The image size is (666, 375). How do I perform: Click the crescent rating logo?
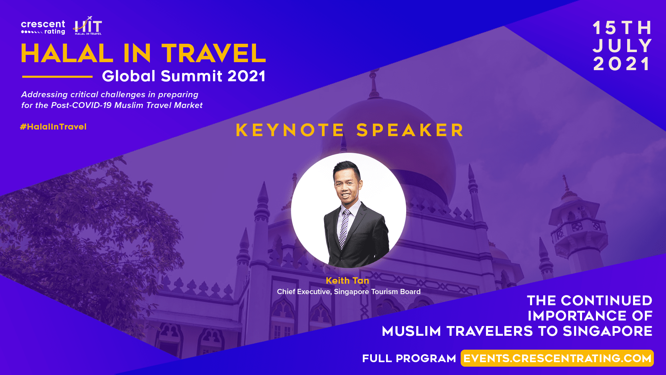43,27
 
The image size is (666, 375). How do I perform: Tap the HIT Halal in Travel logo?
88,26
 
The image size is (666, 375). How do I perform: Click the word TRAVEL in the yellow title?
214,53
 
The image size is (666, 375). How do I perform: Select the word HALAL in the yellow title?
67,53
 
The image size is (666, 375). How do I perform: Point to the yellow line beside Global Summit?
57,76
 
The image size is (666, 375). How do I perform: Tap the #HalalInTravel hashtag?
53,127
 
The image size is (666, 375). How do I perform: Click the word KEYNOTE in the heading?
290,130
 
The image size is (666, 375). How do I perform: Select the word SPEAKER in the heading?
410,130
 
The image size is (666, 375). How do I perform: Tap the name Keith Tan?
348,281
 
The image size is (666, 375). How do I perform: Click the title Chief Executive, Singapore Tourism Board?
349,292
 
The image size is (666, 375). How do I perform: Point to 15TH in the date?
622,28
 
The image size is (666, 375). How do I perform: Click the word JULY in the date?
622,46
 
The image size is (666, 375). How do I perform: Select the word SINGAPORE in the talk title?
607,331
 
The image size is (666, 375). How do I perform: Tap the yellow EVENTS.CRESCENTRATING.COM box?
557,358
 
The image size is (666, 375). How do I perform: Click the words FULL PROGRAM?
409,358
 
